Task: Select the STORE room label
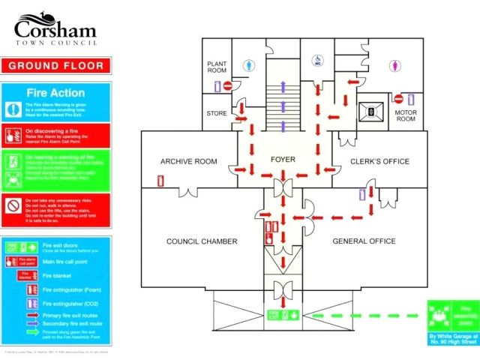[217, 113]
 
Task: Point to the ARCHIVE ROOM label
[188, 161]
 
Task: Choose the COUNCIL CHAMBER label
[201, 241]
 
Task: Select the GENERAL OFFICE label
[364, 241]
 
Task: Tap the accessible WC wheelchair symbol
[317, 59]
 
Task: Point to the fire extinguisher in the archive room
[161, 181]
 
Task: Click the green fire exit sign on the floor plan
[278, 313]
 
